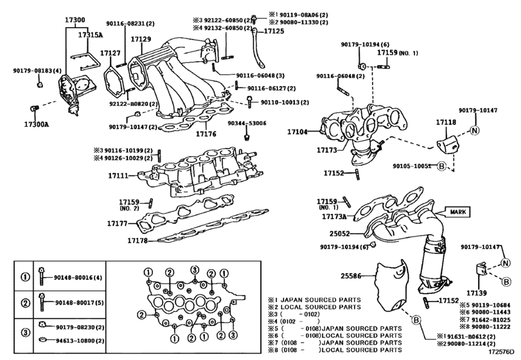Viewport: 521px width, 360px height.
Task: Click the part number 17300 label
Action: (75, 21)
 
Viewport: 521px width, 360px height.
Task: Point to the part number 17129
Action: (141, 39)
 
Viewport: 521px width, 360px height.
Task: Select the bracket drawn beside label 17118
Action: (449, 145)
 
